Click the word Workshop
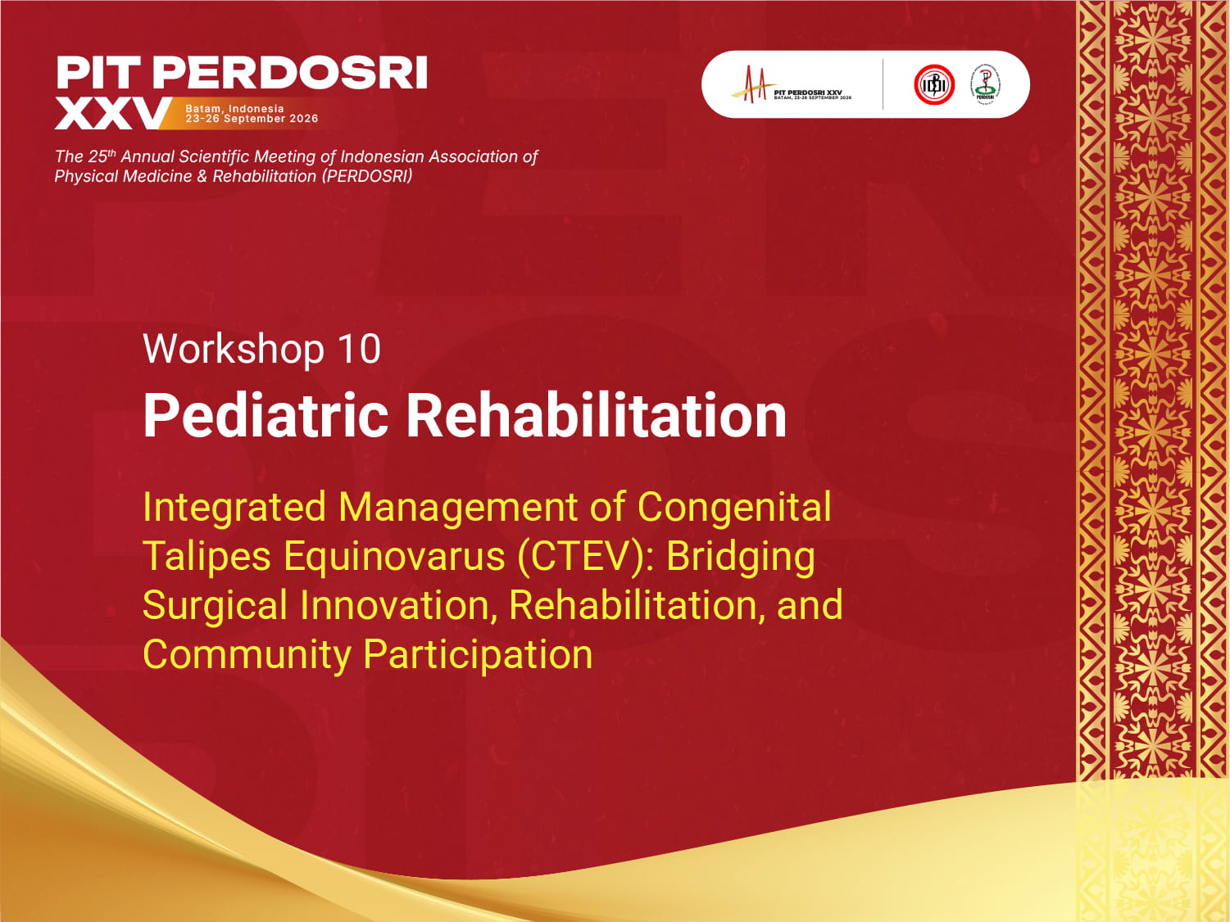[x=234, y=350]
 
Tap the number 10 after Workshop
[x=359, y=350]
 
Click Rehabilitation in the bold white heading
[x=596, y=416]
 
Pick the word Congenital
[x=734, y=507]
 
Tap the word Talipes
[x=207, y=557]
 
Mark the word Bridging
[x=740, y=557]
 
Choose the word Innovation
[x=396, y=606]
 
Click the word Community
[x=247, y=655]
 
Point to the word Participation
[x=478, y=655]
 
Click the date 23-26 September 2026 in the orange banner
[x=252, y=119]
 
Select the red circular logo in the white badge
[x=934, y=84]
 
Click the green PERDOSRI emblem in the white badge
[x=985, y=84]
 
